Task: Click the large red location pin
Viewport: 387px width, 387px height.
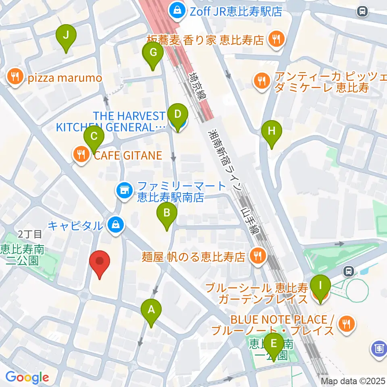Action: [x=99, y=263]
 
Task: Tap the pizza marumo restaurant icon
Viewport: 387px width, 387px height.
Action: [x=15, y=78]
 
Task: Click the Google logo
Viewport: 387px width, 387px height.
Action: [x=27, y=378]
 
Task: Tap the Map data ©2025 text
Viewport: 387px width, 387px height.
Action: [x=353, y=381]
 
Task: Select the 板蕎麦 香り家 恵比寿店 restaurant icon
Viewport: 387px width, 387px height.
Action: [x=276, y=40]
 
